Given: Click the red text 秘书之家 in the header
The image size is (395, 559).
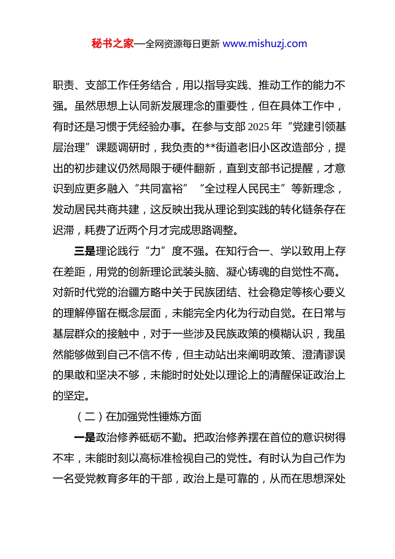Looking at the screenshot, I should [112, 44].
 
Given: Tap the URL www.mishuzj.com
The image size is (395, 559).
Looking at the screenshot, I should [265, 44].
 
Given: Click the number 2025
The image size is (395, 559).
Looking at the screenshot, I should [258, 127].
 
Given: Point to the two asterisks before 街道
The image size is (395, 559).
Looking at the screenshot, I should [210, 148].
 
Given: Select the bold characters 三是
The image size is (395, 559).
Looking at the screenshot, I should [85, 251].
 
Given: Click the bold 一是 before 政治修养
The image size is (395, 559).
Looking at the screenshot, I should [85, 438].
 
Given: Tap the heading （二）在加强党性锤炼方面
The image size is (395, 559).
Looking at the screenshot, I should [139, 417].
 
